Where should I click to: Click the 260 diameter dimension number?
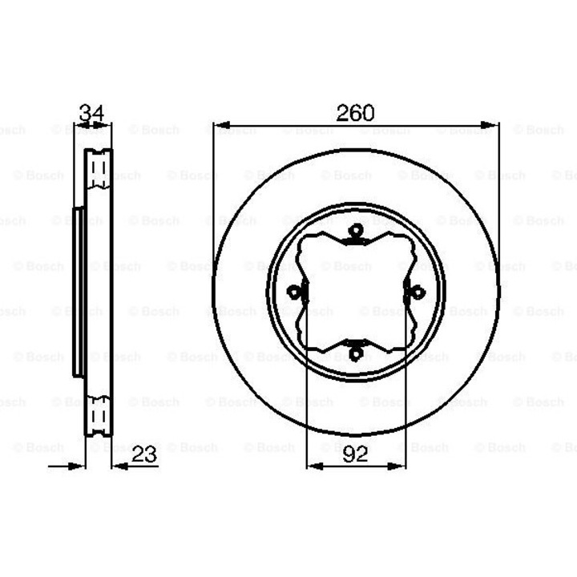pos(355,113)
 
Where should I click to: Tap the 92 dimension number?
pos(355,454)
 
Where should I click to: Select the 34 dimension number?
pos(91,113)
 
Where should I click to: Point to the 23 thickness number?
pos(144,454)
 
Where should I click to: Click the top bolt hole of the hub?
pos(356,231)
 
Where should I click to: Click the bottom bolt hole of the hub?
pos(356,354)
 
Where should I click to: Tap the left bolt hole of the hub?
pos(294,293)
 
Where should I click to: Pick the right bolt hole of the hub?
pos(418,293)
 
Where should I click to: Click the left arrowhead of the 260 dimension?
pos(222,125)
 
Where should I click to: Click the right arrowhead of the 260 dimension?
pos(490,125)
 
